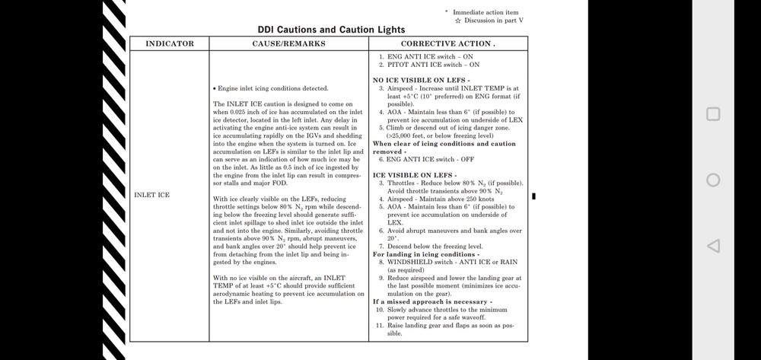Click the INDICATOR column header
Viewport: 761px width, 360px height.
click(170, 43)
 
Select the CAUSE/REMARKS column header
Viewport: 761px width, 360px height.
click(288, 43)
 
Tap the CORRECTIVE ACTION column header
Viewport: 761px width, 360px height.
click(447, 43)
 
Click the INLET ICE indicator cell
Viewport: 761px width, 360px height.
click(151, 196)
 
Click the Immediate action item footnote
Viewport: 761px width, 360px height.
click(486, 12)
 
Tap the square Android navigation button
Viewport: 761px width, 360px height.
click(713, 114)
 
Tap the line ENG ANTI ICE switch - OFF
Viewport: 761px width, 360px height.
click(430, 159)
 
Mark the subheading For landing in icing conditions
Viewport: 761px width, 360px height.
click(425, 254)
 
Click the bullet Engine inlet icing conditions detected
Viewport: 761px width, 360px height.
click(271, 88)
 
